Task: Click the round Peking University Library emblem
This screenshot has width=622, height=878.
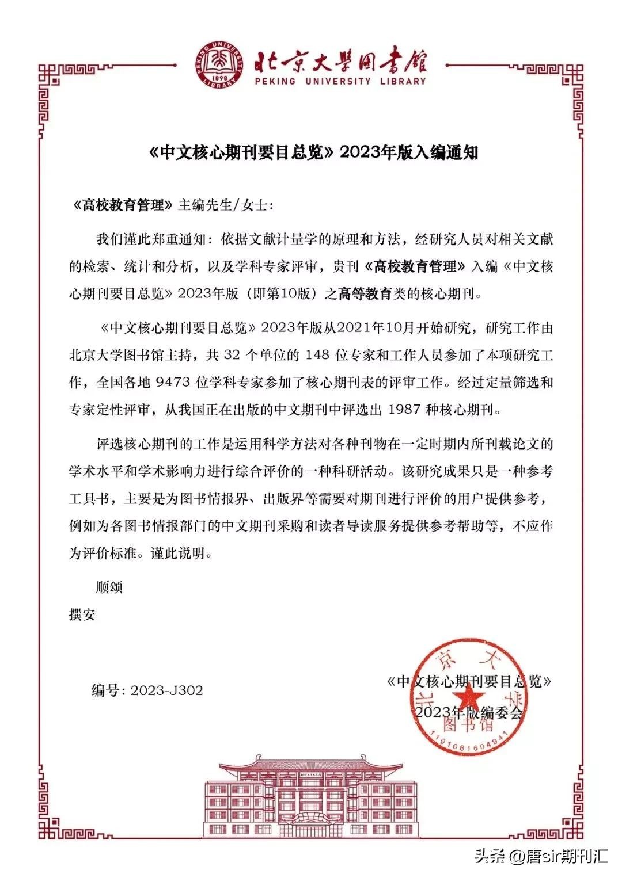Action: (x=218, y=65)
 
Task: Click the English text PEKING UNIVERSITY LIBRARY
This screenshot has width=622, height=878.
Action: (x=340, y=81)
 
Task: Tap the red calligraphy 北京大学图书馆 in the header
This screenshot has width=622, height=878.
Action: (x=340, y=59)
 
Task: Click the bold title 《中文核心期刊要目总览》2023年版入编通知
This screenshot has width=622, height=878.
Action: (x=313, y=152)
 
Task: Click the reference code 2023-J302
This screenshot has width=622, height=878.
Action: (x=167, y=690)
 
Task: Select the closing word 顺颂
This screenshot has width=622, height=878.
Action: (x=109, y=587)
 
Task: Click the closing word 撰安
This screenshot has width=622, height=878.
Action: (x=82, y=614)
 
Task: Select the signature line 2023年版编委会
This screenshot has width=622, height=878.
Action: (x=469, y=712)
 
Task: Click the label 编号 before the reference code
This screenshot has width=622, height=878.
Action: (x=105, y=690)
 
